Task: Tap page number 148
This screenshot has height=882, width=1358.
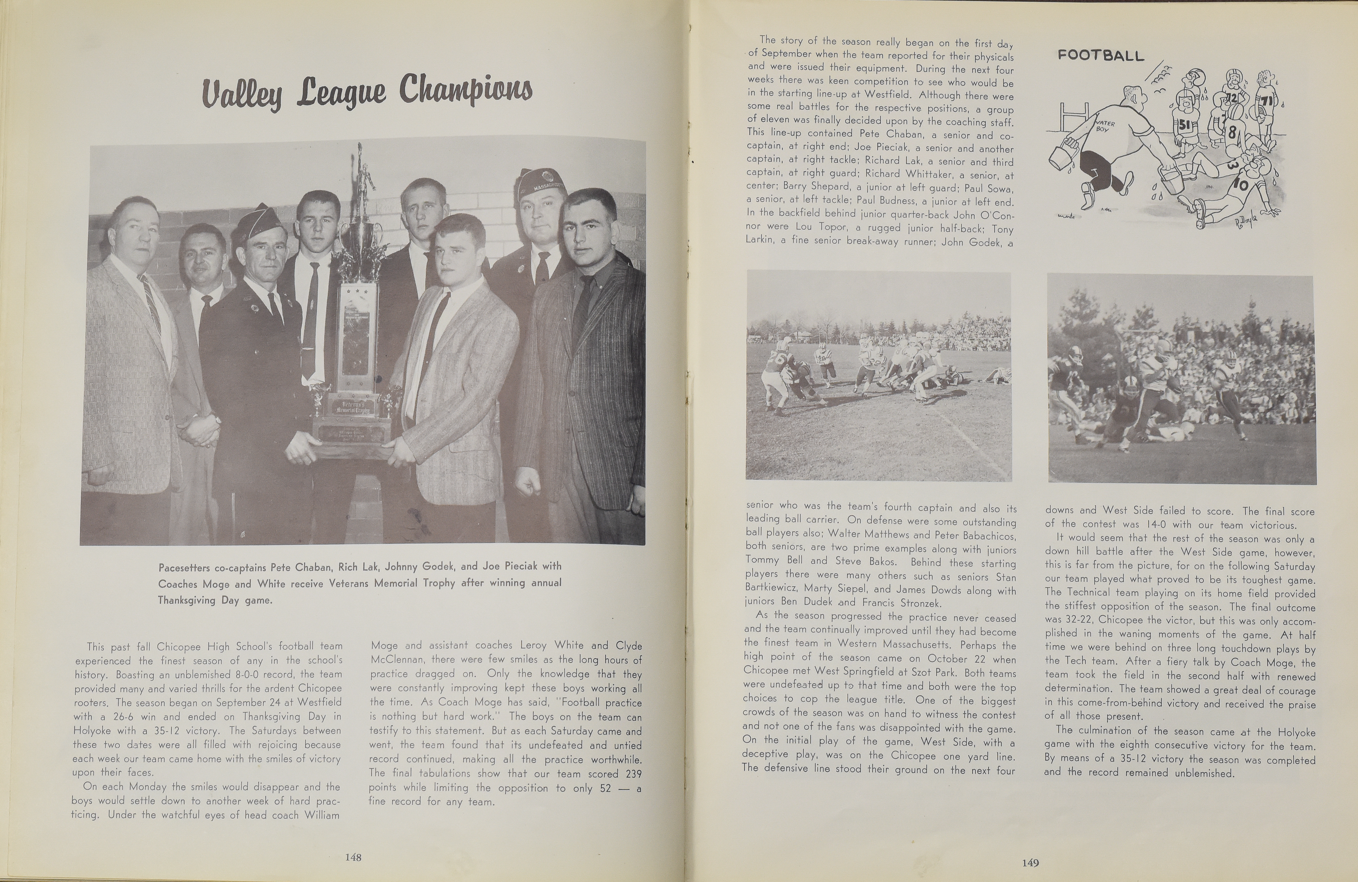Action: click(353, 857)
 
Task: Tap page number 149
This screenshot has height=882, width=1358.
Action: click(1030, 863)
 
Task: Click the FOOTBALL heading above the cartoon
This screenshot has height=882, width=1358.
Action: click(1101, 55)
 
